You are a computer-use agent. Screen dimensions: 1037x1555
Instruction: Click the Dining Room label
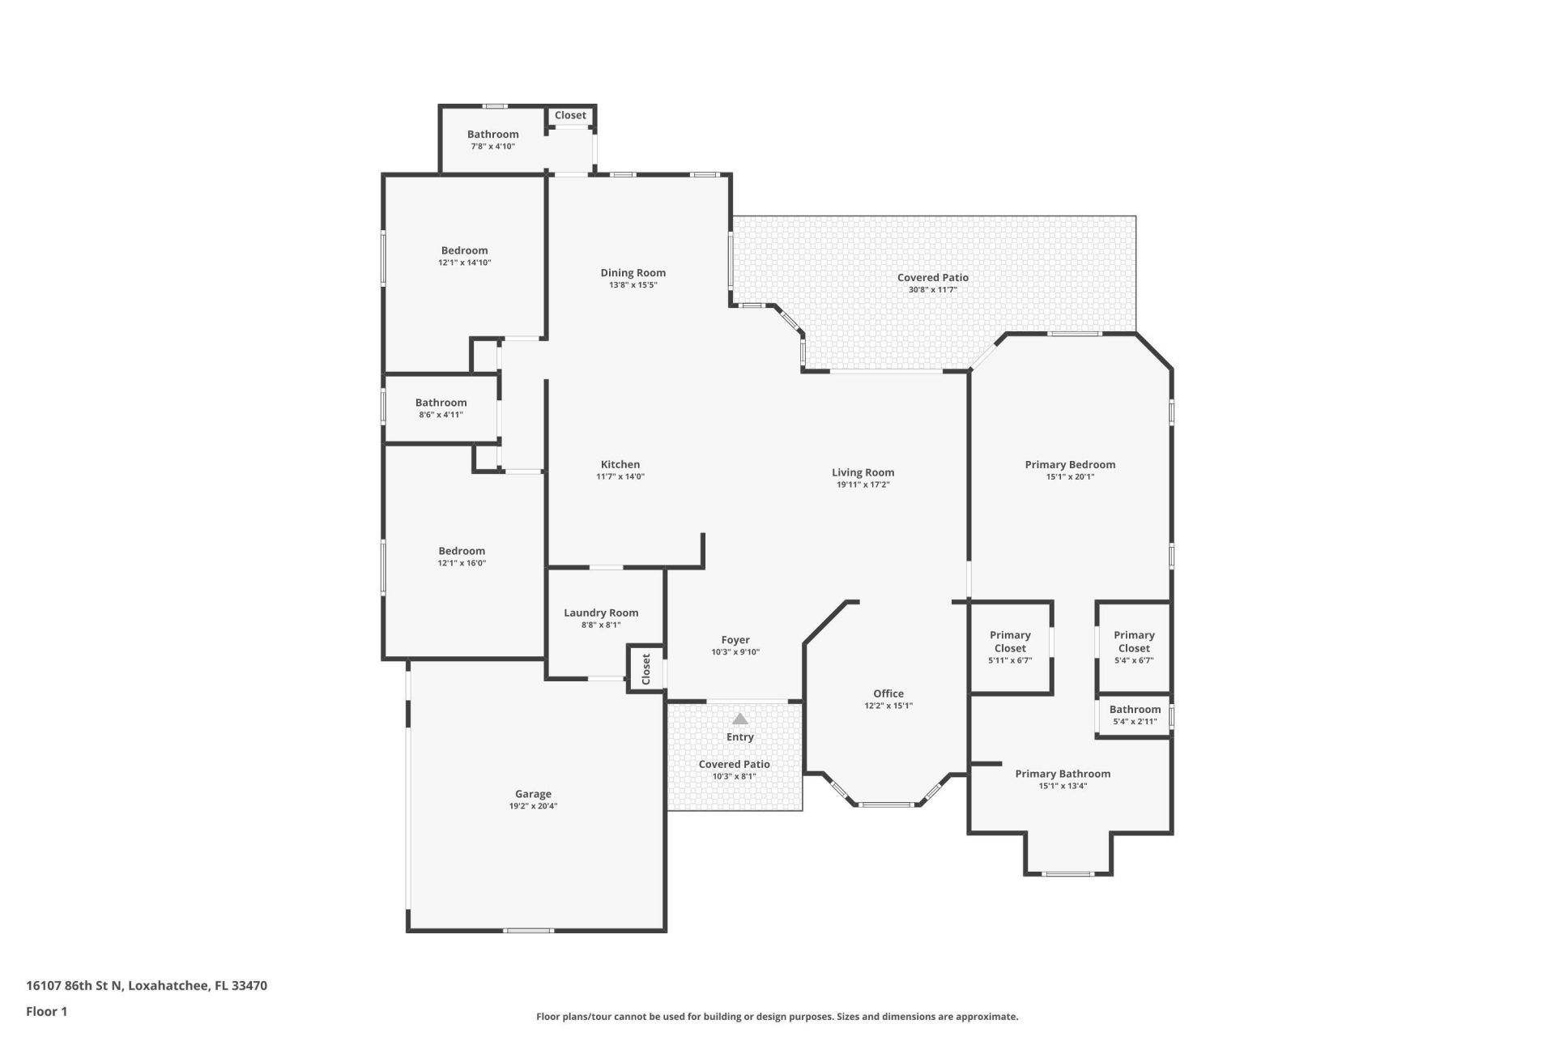tap(633, 273)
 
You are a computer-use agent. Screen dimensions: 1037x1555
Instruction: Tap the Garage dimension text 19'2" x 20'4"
tap(532, 806)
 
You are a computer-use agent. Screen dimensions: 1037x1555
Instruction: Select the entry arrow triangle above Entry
tap(739, 719)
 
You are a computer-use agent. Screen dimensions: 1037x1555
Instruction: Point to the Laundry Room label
tap(601, 613)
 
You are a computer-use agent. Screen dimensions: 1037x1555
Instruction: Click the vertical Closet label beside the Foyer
tap(646, 669)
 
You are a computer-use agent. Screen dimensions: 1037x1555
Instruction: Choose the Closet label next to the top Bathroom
tap(570, 116)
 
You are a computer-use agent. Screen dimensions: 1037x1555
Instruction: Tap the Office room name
tap(888, 693)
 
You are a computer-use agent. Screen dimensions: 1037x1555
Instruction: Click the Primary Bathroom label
tap(1063, 774)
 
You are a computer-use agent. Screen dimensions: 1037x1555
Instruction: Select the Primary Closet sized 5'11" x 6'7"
tap(1010, 642)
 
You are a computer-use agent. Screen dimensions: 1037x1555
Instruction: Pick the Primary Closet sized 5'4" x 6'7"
tap(1134, 642)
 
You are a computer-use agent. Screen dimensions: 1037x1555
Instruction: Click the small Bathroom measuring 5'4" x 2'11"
tap(1135, 710)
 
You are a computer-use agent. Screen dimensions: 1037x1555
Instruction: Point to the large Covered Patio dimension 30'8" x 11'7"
tap(932, 290)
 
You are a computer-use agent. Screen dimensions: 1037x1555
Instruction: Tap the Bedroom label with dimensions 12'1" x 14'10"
tap(464, 251)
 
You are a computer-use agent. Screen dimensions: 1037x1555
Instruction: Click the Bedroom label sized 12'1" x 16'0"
tap(462, 551)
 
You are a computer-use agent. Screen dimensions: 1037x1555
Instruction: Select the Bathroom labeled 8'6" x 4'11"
tap(441, 403)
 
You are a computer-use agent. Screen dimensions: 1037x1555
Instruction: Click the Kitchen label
tap(620, 465)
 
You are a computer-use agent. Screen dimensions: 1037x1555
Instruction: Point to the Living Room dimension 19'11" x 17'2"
tap(863, 485)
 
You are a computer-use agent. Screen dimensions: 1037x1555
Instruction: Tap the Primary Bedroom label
tap(1070, 465)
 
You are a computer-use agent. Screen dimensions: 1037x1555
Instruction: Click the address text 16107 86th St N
tap(75, 986)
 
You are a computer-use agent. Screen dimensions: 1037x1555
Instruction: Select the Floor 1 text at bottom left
tap(46, 1011)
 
